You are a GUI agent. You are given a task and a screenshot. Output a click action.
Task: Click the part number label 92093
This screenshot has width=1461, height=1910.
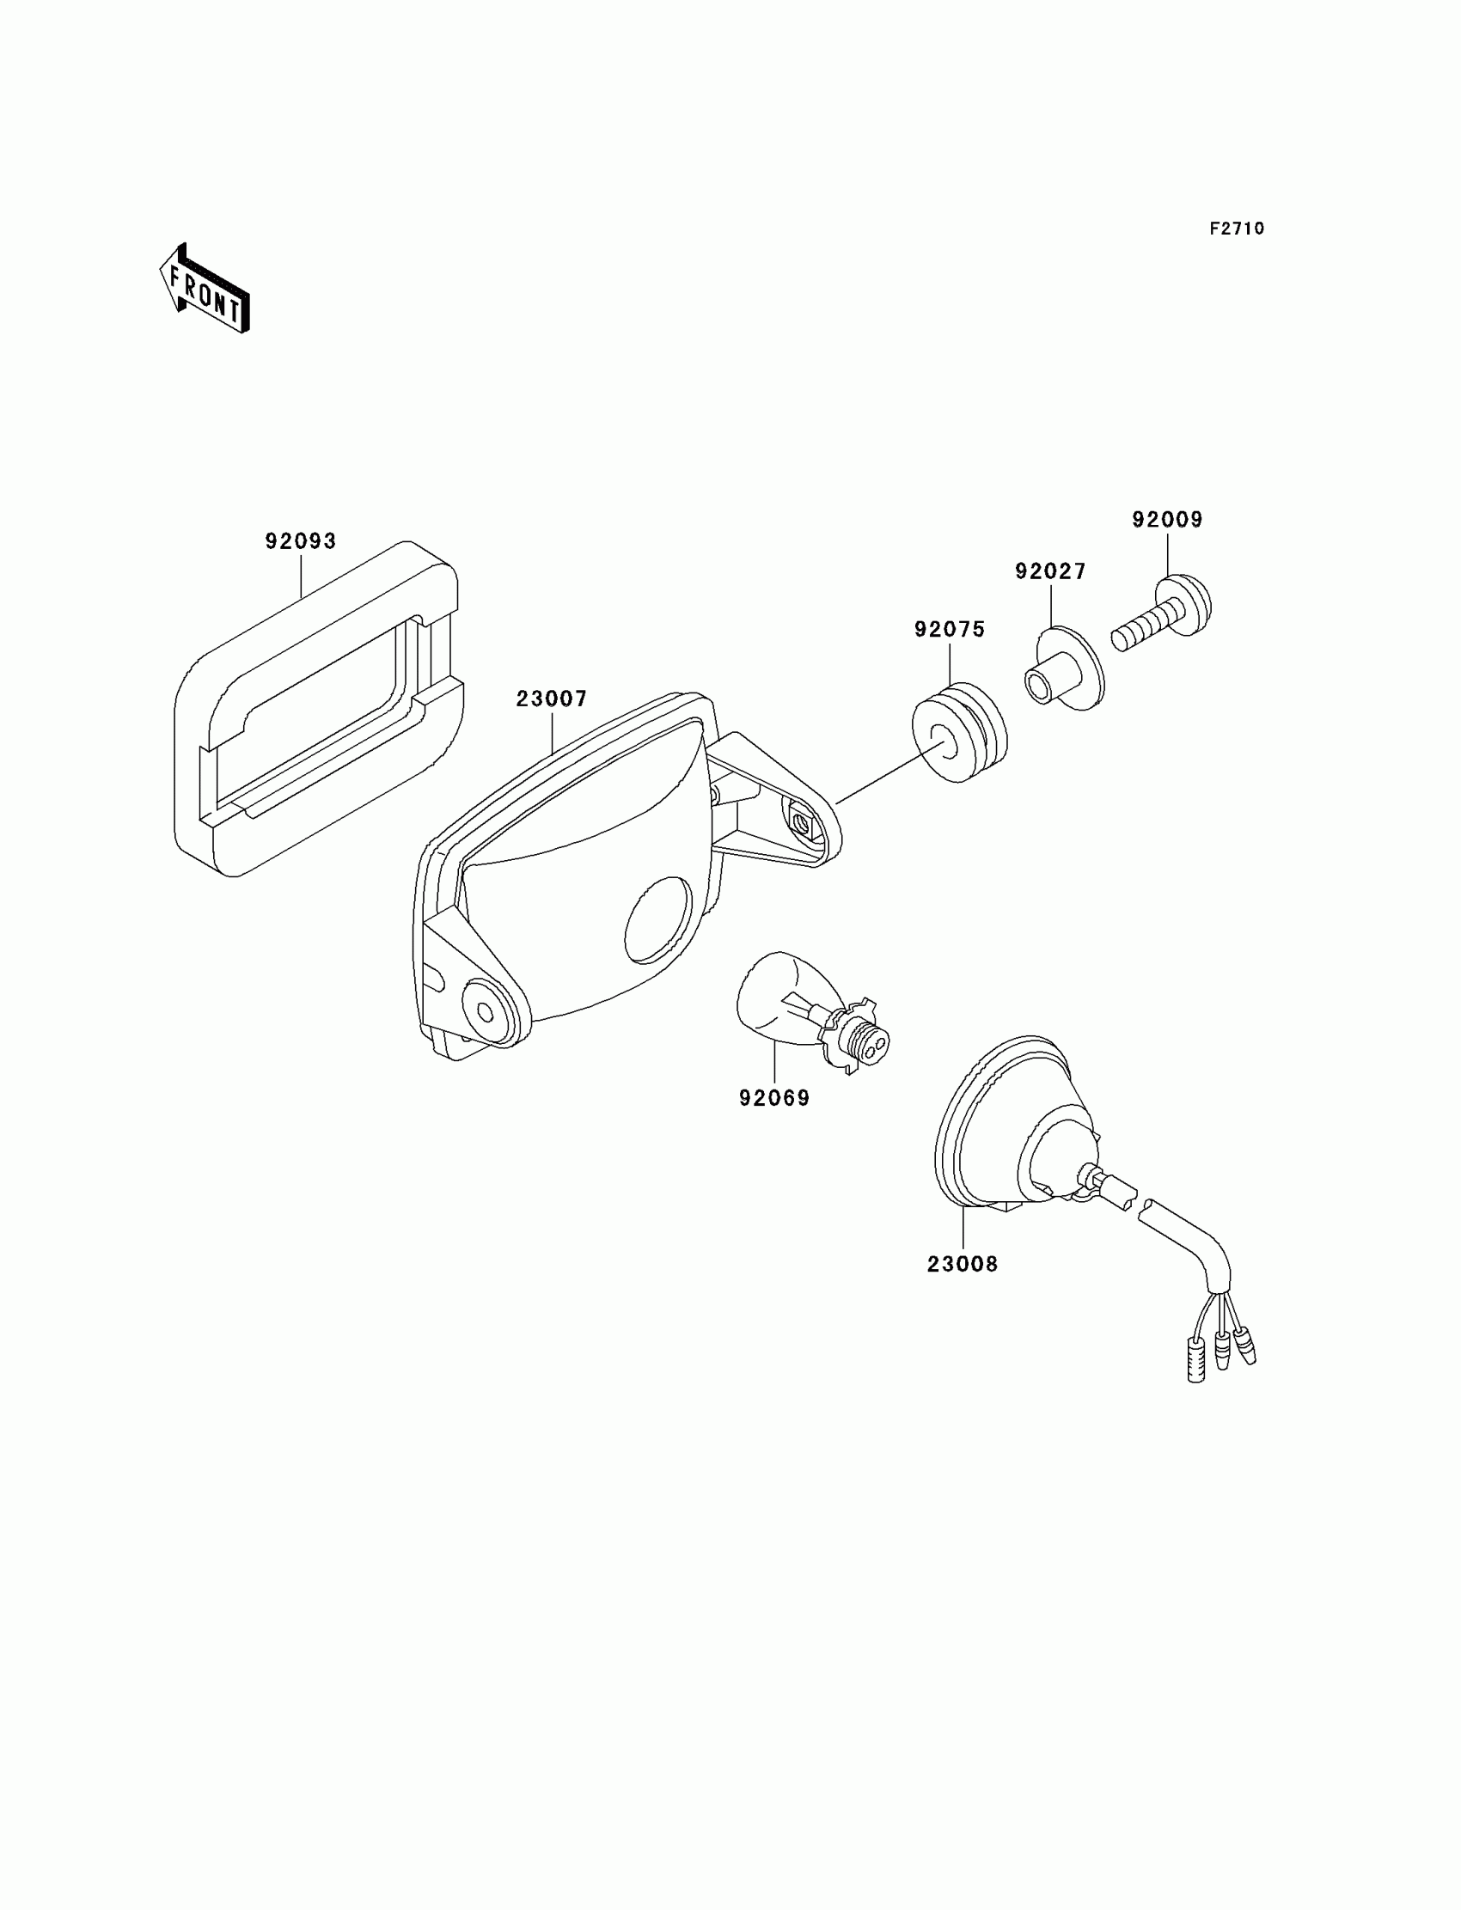pyautogui.click(x=300, y=541)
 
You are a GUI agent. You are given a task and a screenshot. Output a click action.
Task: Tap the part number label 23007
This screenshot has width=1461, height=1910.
pyautogui.click(x=552, y=699)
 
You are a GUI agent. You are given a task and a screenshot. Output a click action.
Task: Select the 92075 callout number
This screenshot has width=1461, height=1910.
pyautogui.click(x=949, y=630)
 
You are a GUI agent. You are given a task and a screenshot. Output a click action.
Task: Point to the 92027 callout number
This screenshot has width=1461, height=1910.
pyautogui.click(x=1050, y=572)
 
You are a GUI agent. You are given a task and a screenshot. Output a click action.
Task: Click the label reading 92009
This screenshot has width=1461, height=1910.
pyautogui.click(x=1167, y=520)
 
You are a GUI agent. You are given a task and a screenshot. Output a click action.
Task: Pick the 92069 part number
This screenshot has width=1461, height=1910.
pyautogui.click(x=774, y=1099)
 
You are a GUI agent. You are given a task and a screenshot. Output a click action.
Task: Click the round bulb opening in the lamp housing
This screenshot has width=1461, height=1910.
pyautogui.click(x=658, y=920)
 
